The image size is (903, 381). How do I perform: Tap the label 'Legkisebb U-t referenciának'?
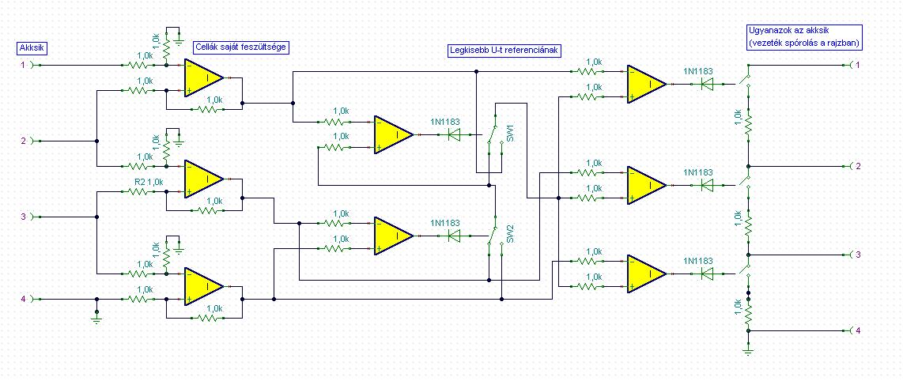click(x=504, y=50)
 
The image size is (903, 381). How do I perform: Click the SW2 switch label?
click(x=510, y=234)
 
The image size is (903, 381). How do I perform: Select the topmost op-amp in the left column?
click(x=205, y=77)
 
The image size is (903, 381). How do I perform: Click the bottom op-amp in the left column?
click(x=205, y=286)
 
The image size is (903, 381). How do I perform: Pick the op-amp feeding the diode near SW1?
click(x=394, y=134)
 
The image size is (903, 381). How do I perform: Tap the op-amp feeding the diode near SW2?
click(x=394, y=236)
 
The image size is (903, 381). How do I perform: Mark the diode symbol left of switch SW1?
click(x=455, y=134)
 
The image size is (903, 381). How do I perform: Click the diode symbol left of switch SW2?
click(x=455, y=236)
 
